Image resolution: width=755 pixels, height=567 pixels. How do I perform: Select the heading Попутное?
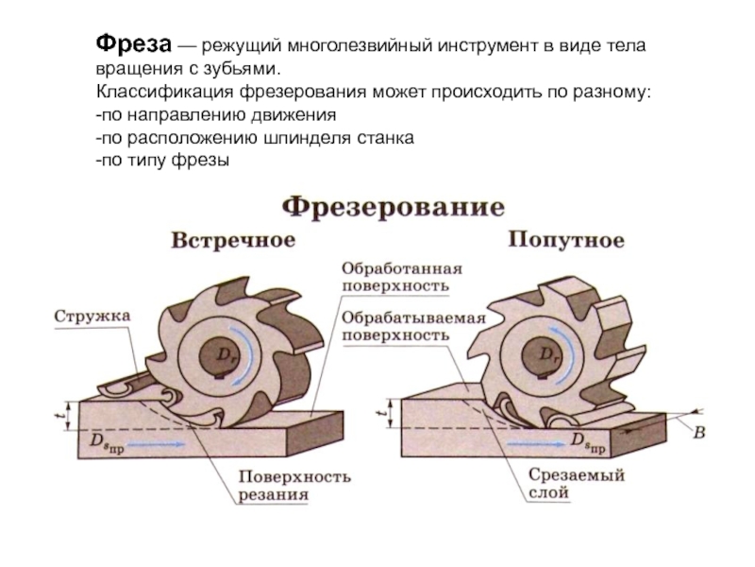[565, 240]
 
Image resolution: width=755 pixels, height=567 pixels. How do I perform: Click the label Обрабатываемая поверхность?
[413, 326]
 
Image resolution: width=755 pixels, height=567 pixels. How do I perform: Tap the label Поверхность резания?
[294, 485]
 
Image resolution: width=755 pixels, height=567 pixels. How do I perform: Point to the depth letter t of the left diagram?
[59, 413]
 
